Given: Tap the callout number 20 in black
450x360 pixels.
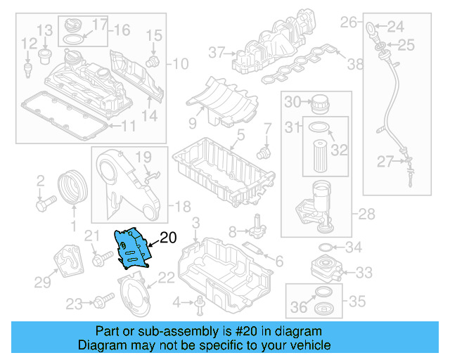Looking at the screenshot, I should (169, 238).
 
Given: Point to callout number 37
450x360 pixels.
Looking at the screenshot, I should (215, 51).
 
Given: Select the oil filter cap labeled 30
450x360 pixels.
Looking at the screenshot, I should (320, 102).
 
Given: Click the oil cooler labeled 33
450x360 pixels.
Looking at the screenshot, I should (322, 271).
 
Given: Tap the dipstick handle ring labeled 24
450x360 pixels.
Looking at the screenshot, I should (371, 29).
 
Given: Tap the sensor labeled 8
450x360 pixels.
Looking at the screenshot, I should (259, 227).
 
